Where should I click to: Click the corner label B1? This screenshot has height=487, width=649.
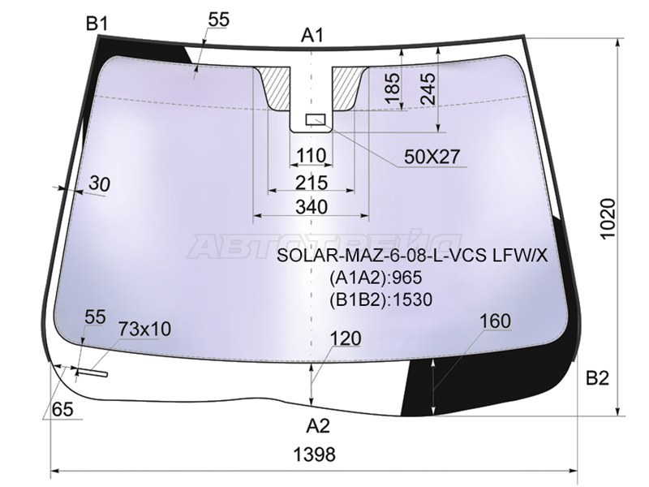click(x=97, y=24)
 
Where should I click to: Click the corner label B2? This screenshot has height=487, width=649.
click(x=597, y=377)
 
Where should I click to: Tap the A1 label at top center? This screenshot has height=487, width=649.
click(x=313, y=35)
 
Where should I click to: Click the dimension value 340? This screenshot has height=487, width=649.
click(x=312, y=207)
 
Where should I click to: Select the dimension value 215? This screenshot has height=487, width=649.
click(x=312, y=181)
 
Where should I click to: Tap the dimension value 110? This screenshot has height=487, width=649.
click(x=311, y=155)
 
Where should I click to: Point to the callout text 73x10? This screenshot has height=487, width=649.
click(x=144, y=329)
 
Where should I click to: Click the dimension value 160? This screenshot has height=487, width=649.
click(x=494, y=321)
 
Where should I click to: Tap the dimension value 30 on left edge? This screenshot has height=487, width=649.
click(x=99, y=184)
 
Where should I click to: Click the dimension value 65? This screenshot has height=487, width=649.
click(x=62, y=410)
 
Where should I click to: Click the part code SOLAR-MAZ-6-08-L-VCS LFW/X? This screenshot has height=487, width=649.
click(x=412, y=256)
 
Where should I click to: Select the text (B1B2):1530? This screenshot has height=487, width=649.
click(x=380, y=300)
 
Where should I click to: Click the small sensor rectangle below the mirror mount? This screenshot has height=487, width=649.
click(x=315, y=120)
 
